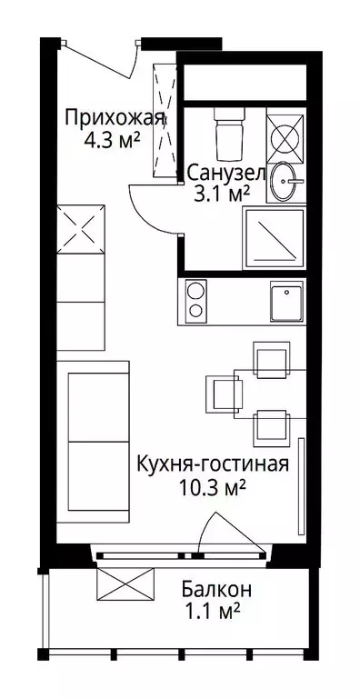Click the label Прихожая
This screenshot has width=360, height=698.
pos(115,119)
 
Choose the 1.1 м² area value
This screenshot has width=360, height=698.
pos(211,612)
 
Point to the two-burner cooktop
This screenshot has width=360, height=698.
pos(196,302)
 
